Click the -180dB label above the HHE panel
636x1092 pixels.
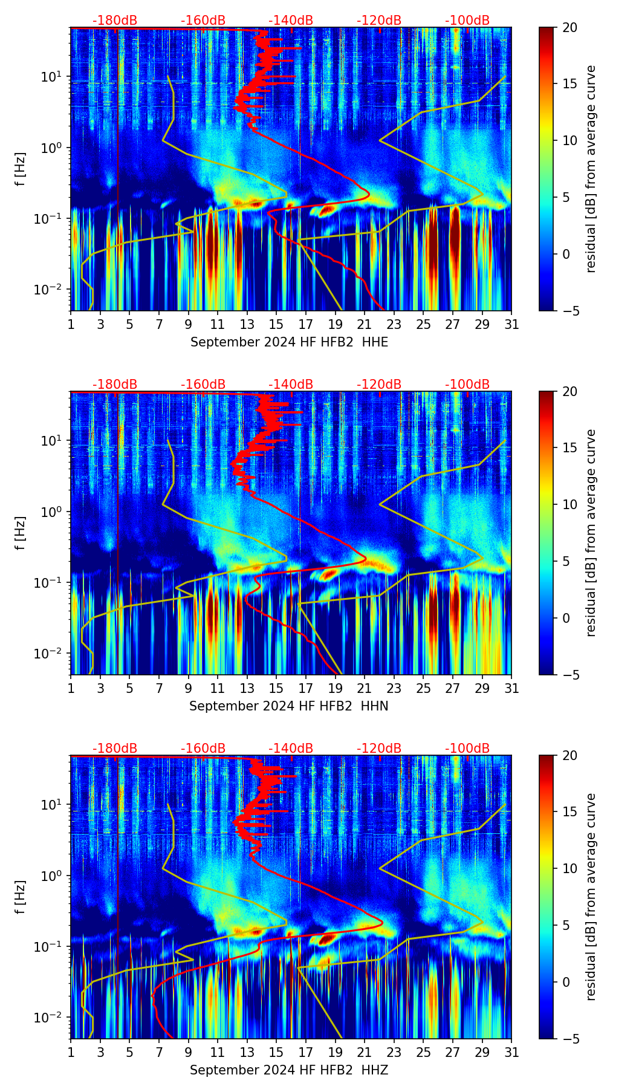coord(115,21)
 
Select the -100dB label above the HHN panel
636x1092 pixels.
coord(467,385)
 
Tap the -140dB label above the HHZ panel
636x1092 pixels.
coord(291,749)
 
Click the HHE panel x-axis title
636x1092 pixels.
coord(289,342)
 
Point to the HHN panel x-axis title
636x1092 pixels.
coord(288,706)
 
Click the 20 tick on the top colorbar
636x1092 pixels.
coord(570,27)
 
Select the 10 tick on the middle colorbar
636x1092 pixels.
coord(570,504)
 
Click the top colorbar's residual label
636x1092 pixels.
coord(591,169)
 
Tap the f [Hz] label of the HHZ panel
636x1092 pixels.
coord(21,897)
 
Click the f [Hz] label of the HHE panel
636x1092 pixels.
coord(21,169)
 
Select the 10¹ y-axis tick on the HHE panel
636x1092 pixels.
coord(51,77)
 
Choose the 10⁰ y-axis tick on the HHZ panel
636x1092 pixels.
coord(51,876)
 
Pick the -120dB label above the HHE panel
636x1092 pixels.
coord(379,21)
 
